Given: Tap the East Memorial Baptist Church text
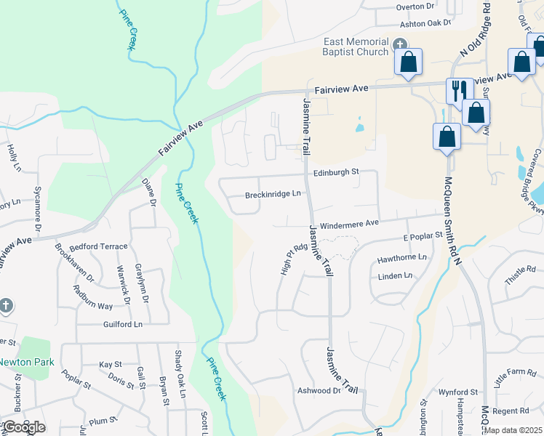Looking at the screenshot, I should click(x=356, y=47).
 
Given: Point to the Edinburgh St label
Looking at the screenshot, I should click(x=336, y=172).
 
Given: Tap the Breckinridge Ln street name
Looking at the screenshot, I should click(x=273, y=194).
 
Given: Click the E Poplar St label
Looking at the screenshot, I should click(x=423, y=236).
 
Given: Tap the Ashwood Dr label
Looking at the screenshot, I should click(x=319, y=390).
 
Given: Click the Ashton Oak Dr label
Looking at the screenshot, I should click(x=426, y=23).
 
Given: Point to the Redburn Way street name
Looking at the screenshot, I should click(x=93, y=296).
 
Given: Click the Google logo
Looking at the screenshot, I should click(x=23, y=427).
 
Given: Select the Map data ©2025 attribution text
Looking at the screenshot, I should click(x=513, y=430).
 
